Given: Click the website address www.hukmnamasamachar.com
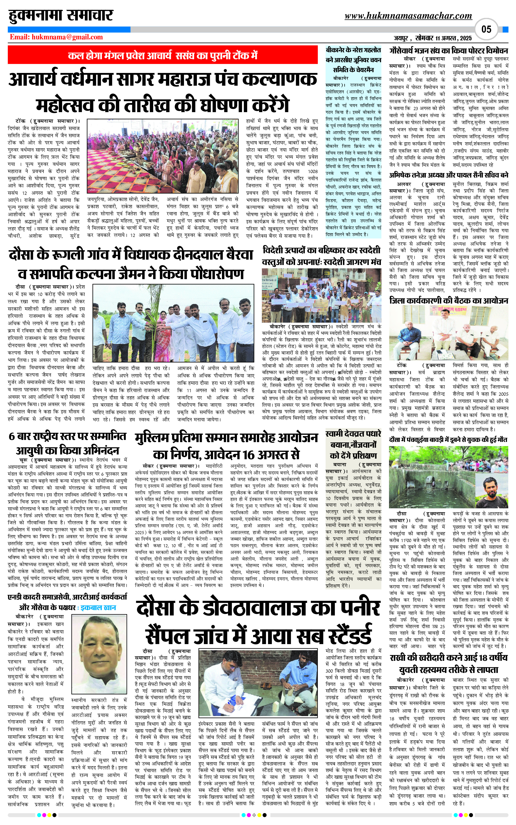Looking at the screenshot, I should coord(408,16).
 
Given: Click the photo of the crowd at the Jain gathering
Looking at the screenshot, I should coord(163,156).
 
